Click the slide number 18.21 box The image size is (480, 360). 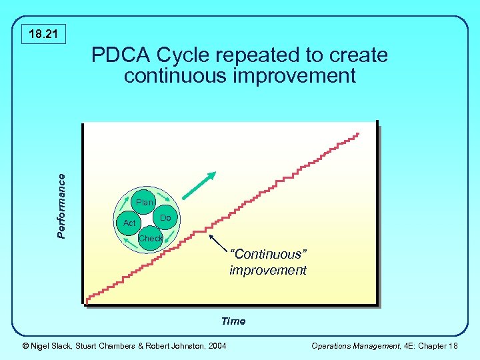[43, 33]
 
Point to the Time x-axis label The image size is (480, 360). [233, 321]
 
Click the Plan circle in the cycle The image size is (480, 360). [144, 202]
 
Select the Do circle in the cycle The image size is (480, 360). [165, 218]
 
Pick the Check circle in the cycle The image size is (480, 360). [150, 238]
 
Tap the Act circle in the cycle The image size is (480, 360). [129, 223]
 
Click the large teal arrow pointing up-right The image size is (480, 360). [199, 186]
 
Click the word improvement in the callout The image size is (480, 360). [267, 270]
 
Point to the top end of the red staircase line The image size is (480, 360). [358, 135]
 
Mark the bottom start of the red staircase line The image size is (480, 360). [87, 301]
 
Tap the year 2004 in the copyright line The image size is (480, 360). [217, 345]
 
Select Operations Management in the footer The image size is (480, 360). [349, 345]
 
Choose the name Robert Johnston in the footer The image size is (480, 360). [173, 345]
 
